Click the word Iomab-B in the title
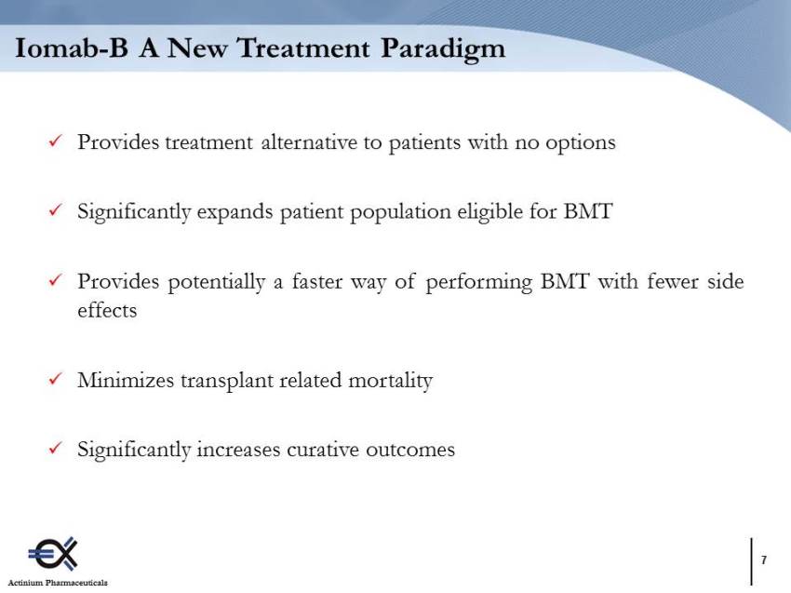(x=71, y=48)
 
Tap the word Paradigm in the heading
(x=443, y=50)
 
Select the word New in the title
(x=196, y=48)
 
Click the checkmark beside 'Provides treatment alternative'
(x=56, y=141)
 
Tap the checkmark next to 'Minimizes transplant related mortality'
(x=56, y=379)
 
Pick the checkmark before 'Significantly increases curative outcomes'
(x=56, y=448)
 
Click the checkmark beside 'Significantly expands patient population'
(x=56, y=209)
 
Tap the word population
(x=400, y=212)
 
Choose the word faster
(x=316, y=281)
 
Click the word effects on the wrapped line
(x=107, y=310)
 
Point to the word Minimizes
(x=126, y=380)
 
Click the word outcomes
(x=410, y=450)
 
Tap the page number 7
(x=764, y=559)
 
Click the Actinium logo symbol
(x=53, y=554)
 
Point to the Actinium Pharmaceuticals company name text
(x=58, y=583)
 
